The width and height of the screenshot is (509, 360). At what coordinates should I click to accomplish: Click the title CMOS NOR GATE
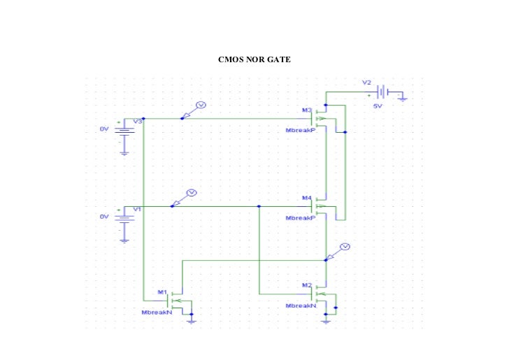pos(254,59)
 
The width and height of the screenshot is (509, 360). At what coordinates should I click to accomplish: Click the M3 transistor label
pos(306,110)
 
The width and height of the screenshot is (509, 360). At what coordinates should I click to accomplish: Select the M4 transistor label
pos(306,198)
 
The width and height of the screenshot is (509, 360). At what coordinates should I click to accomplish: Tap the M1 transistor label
pos(162,291)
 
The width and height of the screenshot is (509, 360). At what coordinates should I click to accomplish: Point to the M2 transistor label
pos(306,285)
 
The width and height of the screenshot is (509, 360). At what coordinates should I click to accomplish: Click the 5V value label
pos(378,106)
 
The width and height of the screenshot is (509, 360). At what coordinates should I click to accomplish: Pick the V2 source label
pos(366,82)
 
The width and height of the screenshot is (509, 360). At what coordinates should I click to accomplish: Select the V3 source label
pos(138,122)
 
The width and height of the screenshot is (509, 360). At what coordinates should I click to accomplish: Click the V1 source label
pos(137,209)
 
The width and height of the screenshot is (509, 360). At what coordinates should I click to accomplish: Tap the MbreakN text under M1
pos(157,312)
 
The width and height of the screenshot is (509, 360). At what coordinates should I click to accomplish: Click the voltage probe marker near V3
pos(200,105)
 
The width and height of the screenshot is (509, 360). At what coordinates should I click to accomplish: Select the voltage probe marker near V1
pos(192,193)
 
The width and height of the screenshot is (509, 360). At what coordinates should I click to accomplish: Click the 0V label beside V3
pos(103,129)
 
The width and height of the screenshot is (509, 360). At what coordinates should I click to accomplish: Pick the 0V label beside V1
pos(103,217)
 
